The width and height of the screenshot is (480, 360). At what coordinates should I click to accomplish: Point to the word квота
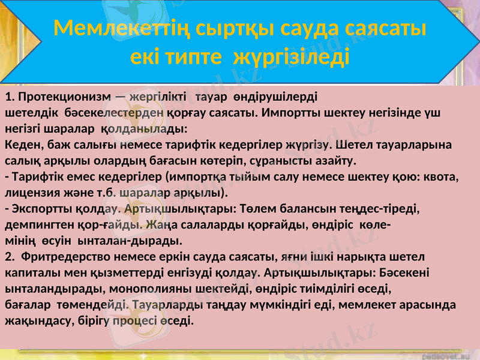(442, 177)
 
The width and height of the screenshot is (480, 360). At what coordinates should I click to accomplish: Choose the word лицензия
(31, 193)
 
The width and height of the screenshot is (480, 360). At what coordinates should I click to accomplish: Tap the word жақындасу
(33, 320)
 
